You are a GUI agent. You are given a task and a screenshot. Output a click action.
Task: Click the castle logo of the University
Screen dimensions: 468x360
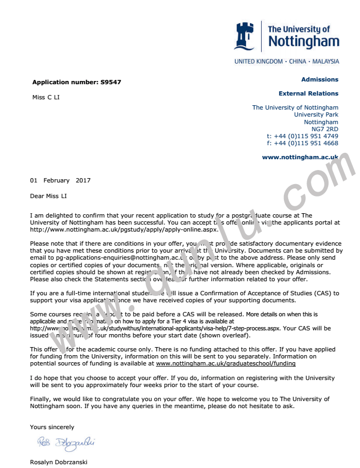click(x=243, y=36)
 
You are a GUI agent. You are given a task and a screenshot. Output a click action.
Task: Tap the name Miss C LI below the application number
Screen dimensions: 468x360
click(x=46, y=97)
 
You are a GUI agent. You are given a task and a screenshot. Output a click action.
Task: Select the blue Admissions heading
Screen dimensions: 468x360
click(x=320, y=79)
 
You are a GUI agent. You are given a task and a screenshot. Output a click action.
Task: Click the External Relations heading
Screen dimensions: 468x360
click(x=308, y=93)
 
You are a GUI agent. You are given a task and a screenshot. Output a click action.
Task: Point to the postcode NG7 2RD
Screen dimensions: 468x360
click(x=325, y=129)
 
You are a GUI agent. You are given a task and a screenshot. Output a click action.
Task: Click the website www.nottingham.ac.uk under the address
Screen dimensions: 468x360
click(x=300, y=157)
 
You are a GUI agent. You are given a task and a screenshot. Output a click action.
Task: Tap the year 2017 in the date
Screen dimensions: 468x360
click(x=83, y=180)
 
